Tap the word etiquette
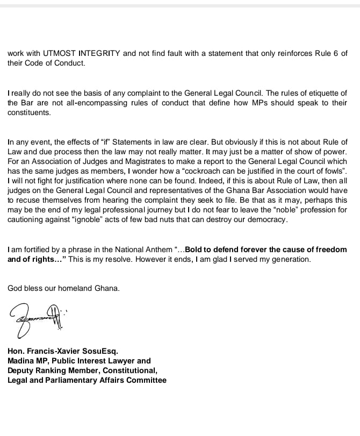(x=316, y=94)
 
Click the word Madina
(x=20, y=361)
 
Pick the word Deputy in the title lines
(x=21, y=370)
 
